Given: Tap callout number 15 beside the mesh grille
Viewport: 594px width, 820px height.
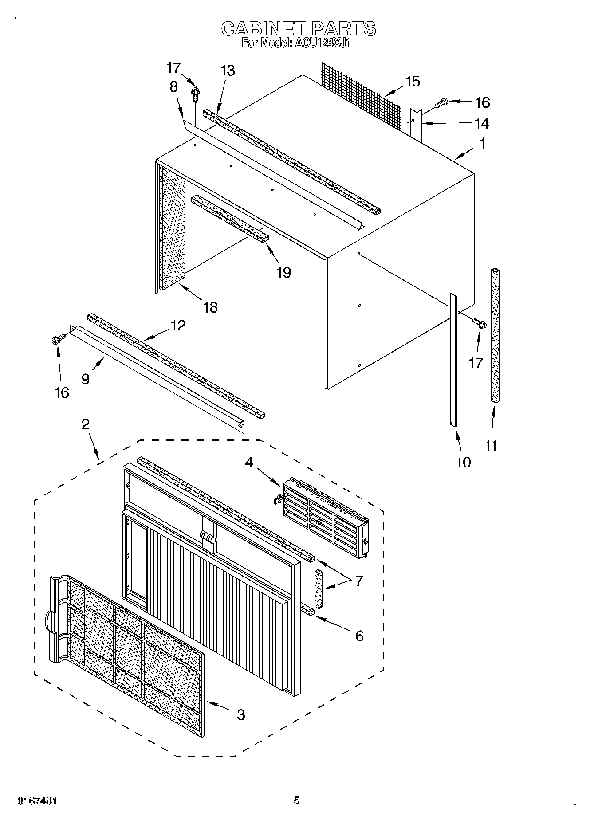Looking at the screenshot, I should coord(412,82).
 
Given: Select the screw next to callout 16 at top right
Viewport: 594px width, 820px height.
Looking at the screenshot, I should coord(440,103).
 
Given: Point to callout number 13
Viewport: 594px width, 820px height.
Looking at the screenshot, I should coord(228,71).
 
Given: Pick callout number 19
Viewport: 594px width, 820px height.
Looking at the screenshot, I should coord(283,272).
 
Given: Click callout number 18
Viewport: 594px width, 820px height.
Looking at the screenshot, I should coord(210,307).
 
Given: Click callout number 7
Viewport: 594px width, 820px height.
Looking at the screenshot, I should coord(358,581).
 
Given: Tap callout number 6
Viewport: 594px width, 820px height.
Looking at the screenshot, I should coord(359,636).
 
